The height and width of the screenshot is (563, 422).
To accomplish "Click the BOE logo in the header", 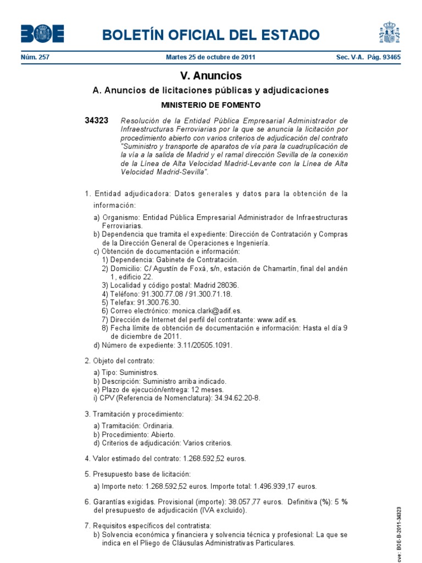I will pyautogui.click(x=42, y=34).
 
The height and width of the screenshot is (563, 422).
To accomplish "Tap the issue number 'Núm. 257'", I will pyautogui.click(x=35, y=57).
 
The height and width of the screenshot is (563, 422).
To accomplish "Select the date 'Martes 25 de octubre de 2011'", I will pyautogui.click(x=210, y=57).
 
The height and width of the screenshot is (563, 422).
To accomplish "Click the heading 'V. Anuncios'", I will pyautogui.click(x=210, y=76).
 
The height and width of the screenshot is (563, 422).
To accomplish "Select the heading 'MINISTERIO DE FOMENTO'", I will pyautogui.click(x=210, y=104).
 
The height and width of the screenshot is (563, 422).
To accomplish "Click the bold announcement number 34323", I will pyautogui.click(x=96, y=120).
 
